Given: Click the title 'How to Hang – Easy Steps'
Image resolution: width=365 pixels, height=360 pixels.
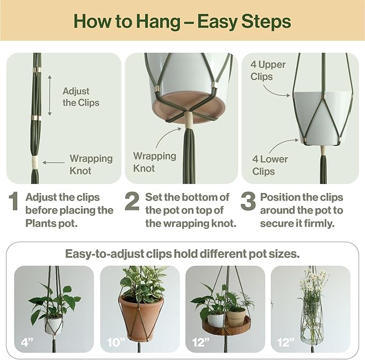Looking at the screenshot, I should [x=182, y=22].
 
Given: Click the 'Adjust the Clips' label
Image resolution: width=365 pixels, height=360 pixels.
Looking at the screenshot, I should [x=81, y=97].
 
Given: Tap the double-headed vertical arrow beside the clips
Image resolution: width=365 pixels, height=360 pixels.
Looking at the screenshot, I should [x=49, y=95].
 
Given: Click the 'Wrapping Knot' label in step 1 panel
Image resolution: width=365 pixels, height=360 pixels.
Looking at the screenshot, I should [x=91, y=165].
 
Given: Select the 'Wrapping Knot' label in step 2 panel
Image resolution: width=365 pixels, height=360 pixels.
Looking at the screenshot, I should [x=154, y=162].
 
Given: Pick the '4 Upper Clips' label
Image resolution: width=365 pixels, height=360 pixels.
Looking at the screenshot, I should [x=268, y=70].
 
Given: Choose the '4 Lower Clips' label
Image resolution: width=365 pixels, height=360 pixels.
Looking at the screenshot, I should [x=270, y=165].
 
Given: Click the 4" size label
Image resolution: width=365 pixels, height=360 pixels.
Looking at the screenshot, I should [x=25, y=341].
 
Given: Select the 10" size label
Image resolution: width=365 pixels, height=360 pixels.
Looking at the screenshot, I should [x=112, y=341].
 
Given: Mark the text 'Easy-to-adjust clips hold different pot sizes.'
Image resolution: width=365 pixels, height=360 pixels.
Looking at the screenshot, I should [x=182, y=253].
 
